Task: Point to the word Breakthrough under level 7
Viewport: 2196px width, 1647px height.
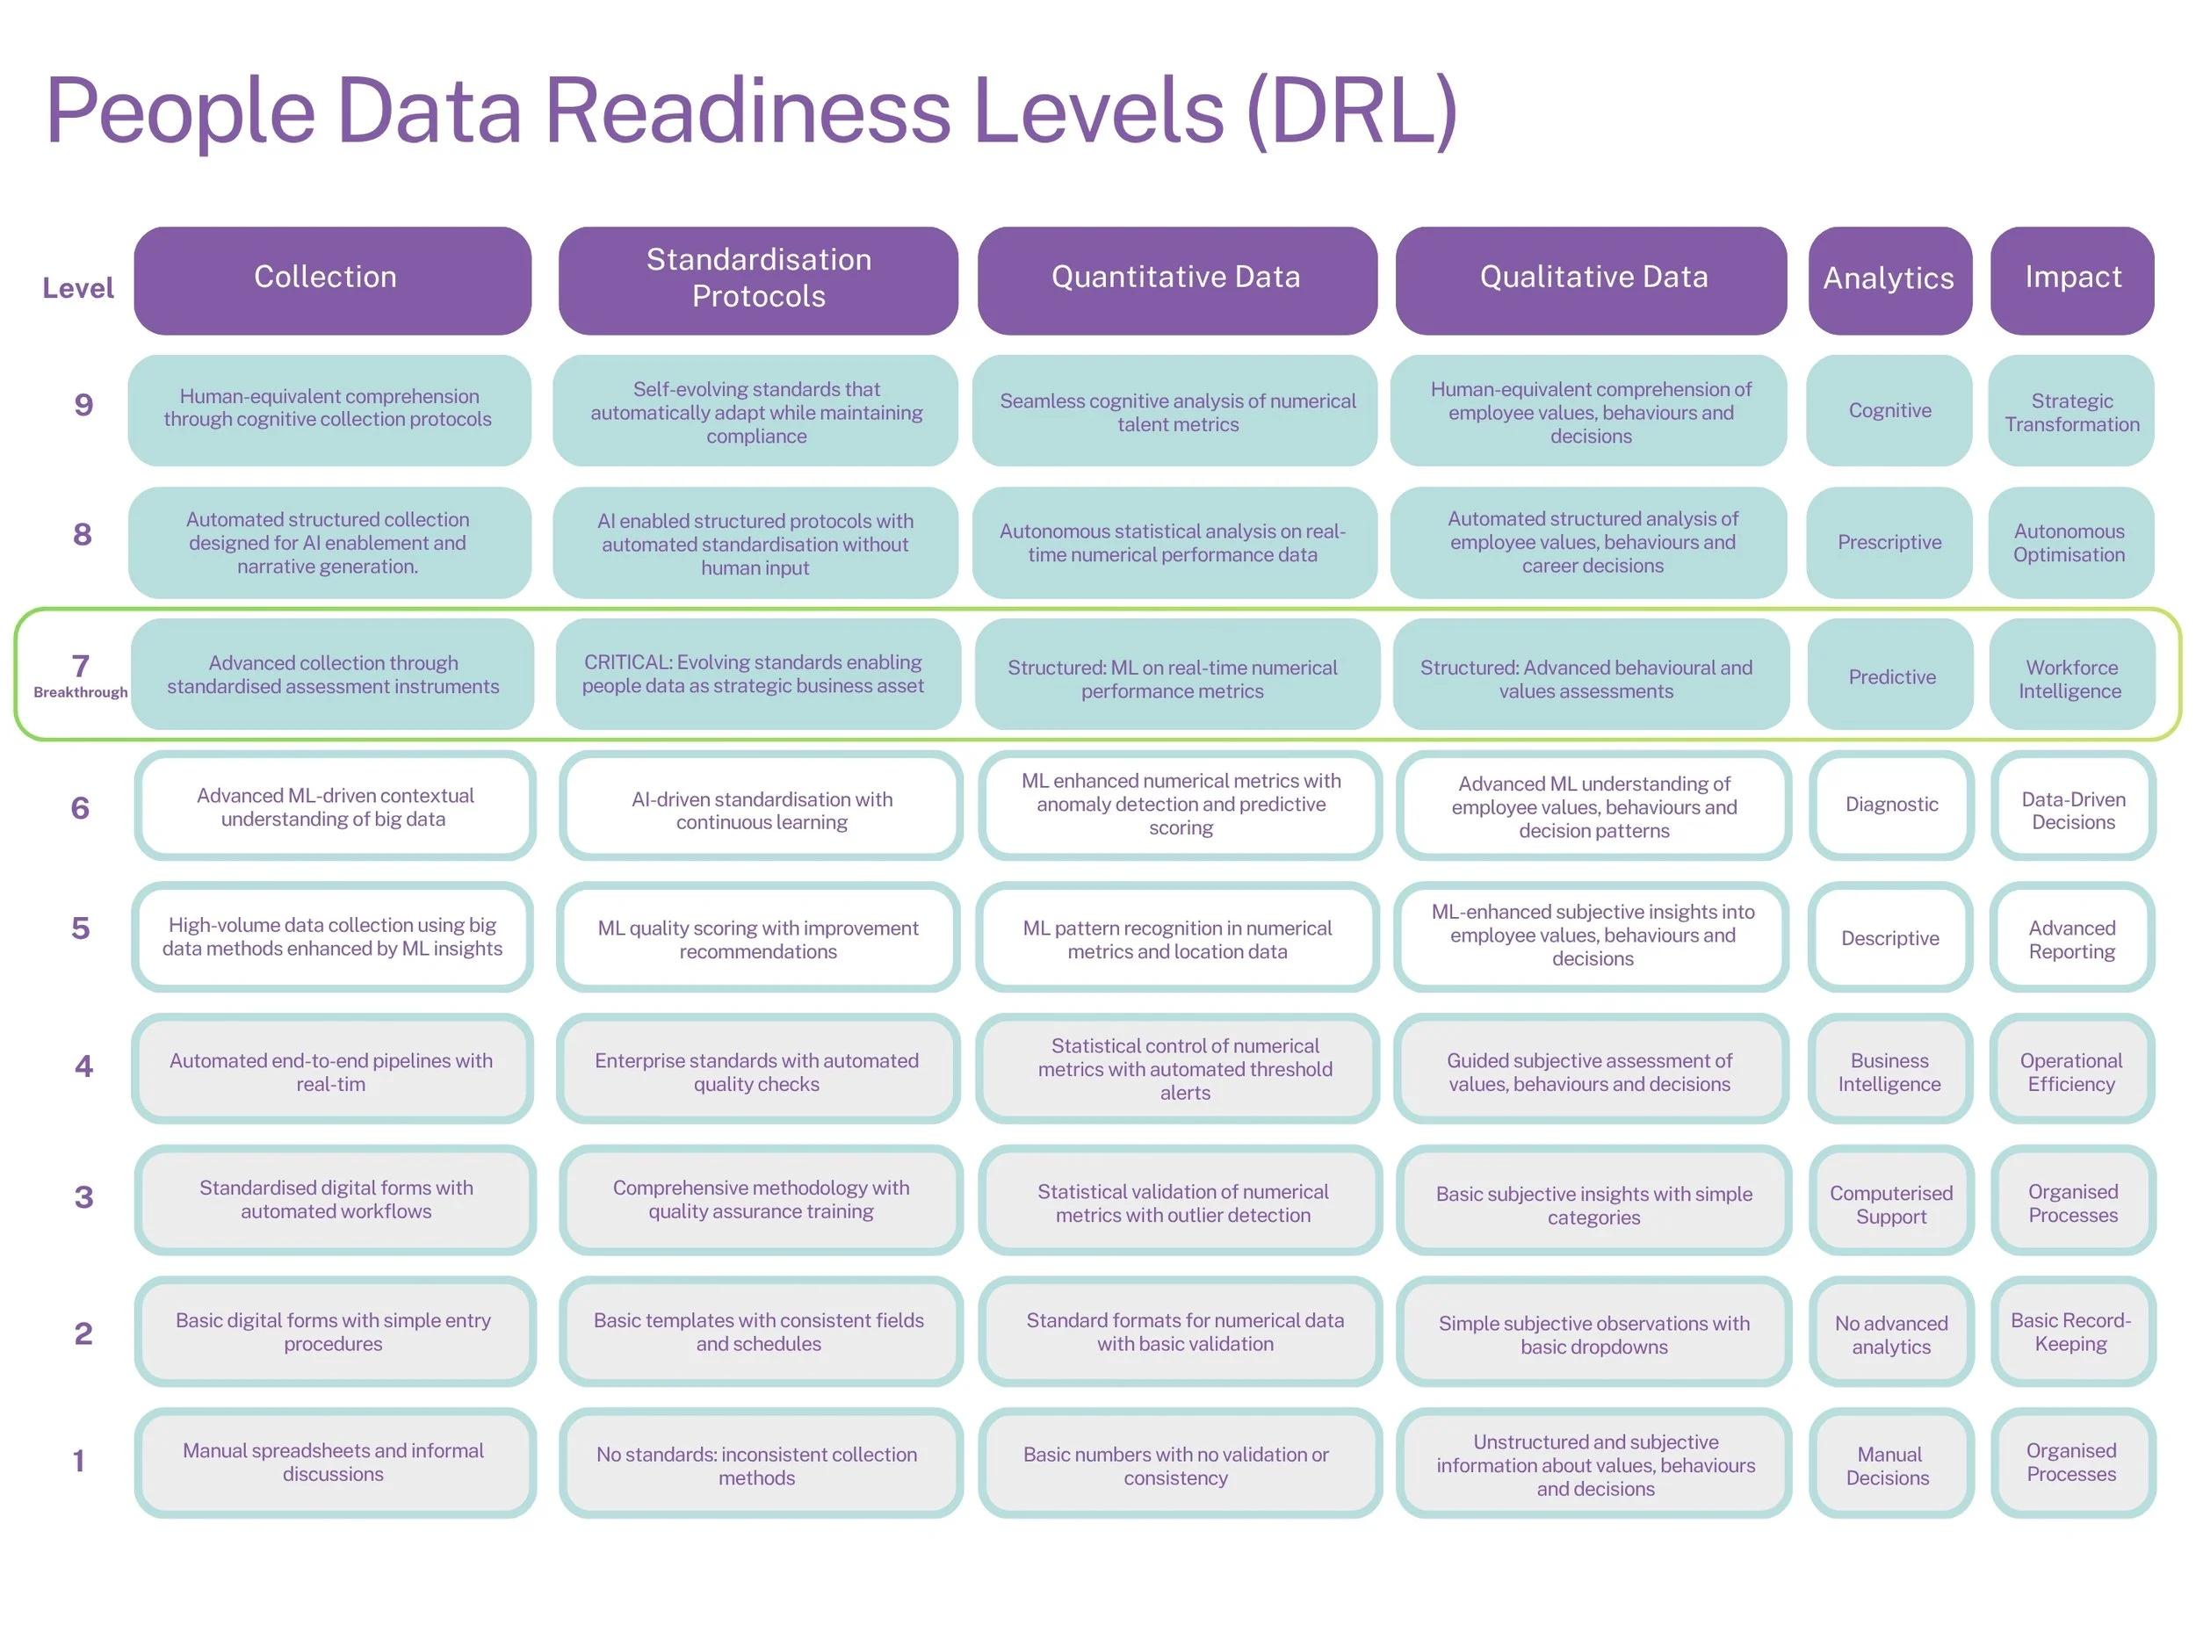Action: coord(81,692)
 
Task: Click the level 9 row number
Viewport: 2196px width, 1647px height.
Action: coord(83,405)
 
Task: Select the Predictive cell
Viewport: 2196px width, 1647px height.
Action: coord(1890,676)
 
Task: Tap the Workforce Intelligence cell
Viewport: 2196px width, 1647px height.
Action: coord(2071,678)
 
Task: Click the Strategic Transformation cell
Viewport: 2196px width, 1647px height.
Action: coord(2071,411)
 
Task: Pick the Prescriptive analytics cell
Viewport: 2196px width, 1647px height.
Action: coord(1889,542)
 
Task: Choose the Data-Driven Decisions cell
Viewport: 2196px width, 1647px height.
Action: coord(2073,809)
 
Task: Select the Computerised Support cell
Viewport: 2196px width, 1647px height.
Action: coord(1890,1203)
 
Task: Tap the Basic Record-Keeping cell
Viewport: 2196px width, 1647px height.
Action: coord(2071,1332)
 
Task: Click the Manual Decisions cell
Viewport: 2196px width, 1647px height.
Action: coord(1889,1464)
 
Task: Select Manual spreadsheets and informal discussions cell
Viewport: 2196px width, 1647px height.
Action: coord(334,1462)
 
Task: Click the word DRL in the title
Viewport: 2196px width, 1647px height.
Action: coord(1350,112)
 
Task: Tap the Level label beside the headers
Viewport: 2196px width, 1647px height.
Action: coord(77,288)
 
